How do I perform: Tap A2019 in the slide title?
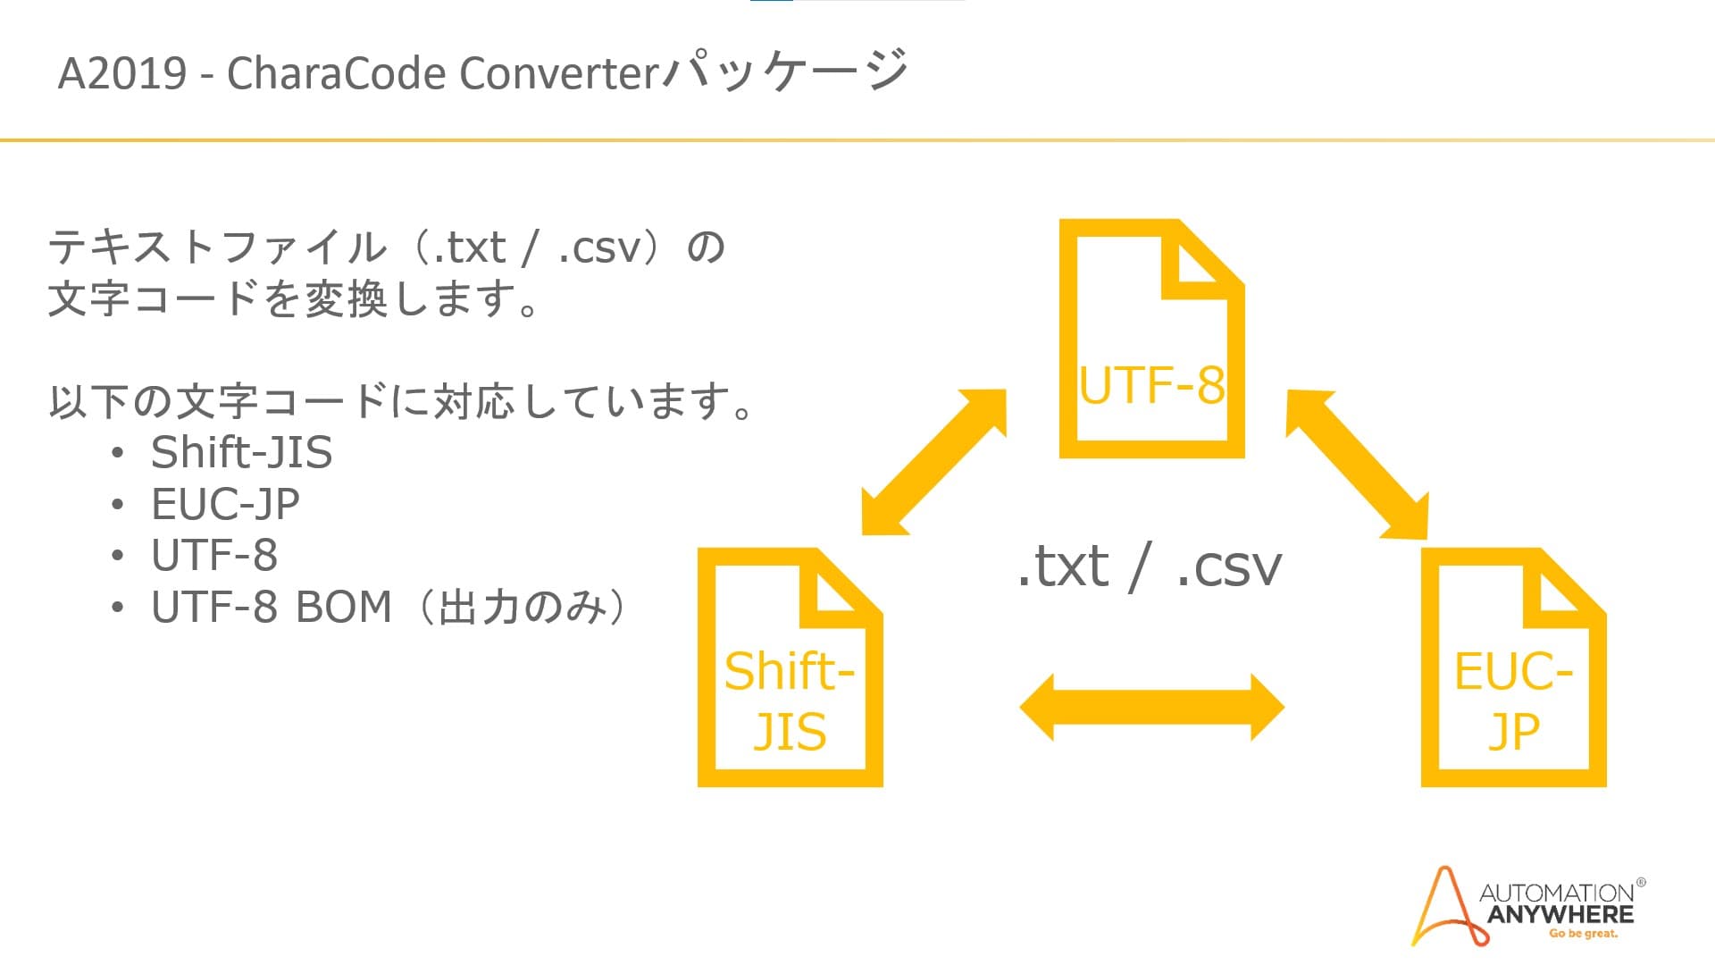(x=122, y=73)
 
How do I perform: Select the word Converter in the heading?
(x=559, y=73)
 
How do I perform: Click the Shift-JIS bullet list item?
(x=241, y=452)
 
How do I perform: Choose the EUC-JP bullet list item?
(x=225, y=504)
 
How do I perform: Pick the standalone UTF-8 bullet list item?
(x=214, y=555)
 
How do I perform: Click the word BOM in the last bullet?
(x=343, y=607)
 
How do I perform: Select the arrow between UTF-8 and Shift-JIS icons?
(x=934, y=462)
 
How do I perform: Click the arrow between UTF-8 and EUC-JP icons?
(x=1357, y=465)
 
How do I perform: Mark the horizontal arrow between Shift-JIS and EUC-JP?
(x=1151, y=708)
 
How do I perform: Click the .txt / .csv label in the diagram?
(x=1150, y=566)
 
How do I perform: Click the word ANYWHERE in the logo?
(x=1560, y=914)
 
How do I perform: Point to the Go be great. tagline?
(x=1583, y=934)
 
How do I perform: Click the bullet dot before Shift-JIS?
(x=117, y=453)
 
